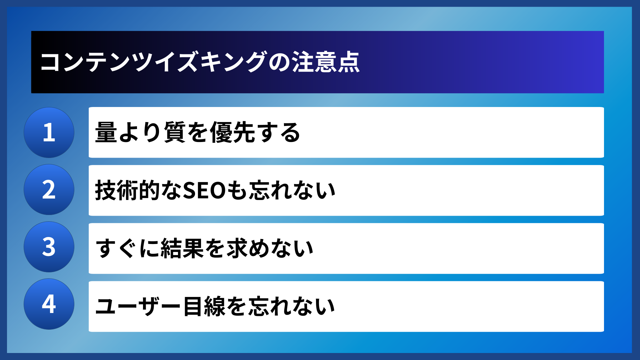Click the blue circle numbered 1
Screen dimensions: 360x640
49,132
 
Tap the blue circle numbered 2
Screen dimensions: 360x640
49,190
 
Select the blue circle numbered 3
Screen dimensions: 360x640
49,247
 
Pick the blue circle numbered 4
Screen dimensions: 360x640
49,304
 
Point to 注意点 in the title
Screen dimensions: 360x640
326,62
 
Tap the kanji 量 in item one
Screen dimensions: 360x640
106,132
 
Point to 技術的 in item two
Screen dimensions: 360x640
128,191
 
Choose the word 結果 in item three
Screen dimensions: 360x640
182,249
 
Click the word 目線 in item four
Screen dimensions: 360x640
204,306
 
